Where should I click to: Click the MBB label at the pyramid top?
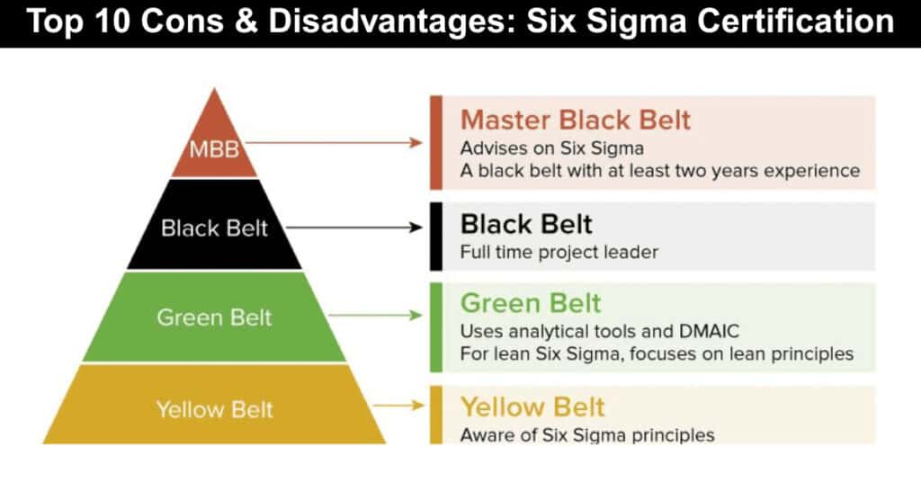(x=213, y=148)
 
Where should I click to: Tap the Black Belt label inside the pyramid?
(x=214, y=228)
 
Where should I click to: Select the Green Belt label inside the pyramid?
(x=214, y=317)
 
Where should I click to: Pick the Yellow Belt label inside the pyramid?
(x=213, y=410)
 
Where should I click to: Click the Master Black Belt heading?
(x=576, y=120)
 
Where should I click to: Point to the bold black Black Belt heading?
(x=526, y=223)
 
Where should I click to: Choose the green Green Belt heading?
(x=531, y=302)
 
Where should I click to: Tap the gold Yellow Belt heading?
(x=533, y=406)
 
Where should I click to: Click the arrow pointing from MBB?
(x=333, y=142)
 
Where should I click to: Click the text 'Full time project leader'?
(x=559, y=252)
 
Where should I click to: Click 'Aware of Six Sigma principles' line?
(x=587, y=435)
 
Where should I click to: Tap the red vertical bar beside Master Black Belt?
(x=436, y=142)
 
